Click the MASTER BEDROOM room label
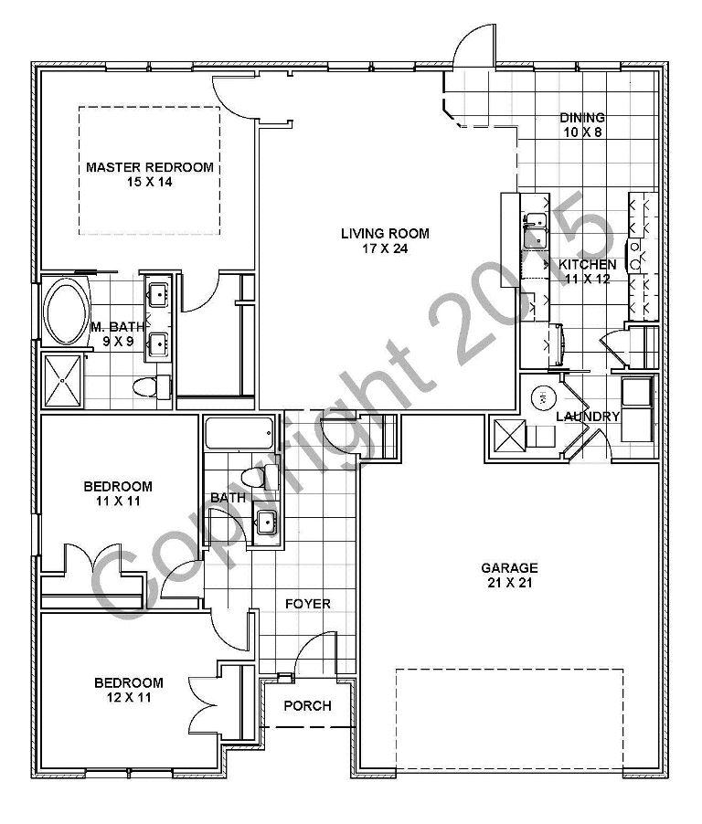point(149,174)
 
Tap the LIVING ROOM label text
point(385,240)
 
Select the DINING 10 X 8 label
point(582,124)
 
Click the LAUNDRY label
point(589,417)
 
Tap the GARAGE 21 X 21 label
point(509,575)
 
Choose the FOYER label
point(307,604)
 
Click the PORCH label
point(307,706)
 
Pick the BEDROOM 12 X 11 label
point(129,690)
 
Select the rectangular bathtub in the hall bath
point(239,433)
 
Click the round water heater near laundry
point(540,397)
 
